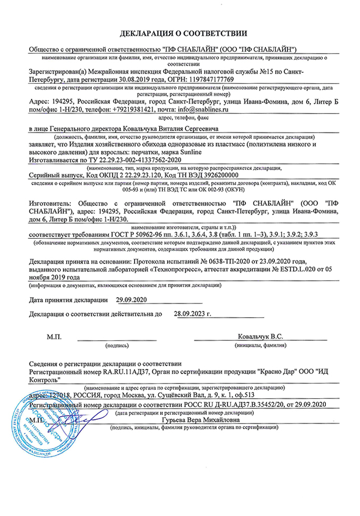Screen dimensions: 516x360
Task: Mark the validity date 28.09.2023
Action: tap(191, 315)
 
